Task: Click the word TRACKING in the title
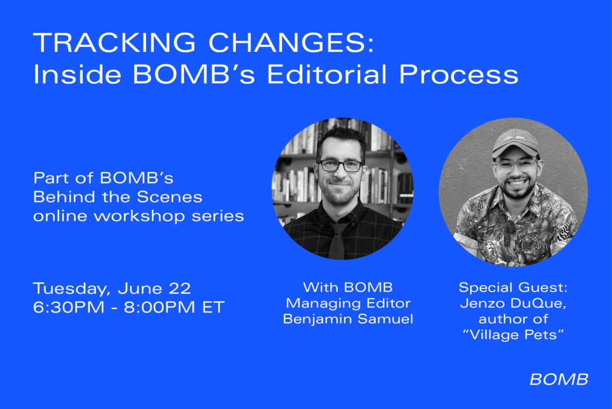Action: (114, 42)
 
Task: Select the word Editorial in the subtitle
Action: (327, 74)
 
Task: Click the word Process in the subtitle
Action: (459, 74)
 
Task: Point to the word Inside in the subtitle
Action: (77, 74)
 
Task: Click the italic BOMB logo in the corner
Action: (559, 380)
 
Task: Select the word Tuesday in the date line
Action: (72, 289)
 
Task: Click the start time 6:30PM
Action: (69, 307)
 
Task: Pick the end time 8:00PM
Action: (159, 307)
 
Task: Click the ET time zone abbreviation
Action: (213, 307)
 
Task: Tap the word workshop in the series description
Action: (139, 216)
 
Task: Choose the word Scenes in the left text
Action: (170, 197)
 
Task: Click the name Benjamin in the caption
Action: (317, 319)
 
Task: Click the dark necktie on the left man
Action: (338, 241)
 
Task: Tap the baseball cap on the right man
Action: (515, 143)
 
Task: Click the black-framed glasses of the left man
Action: (341, 166)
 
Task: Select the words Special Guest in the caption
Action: (513, 288)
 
